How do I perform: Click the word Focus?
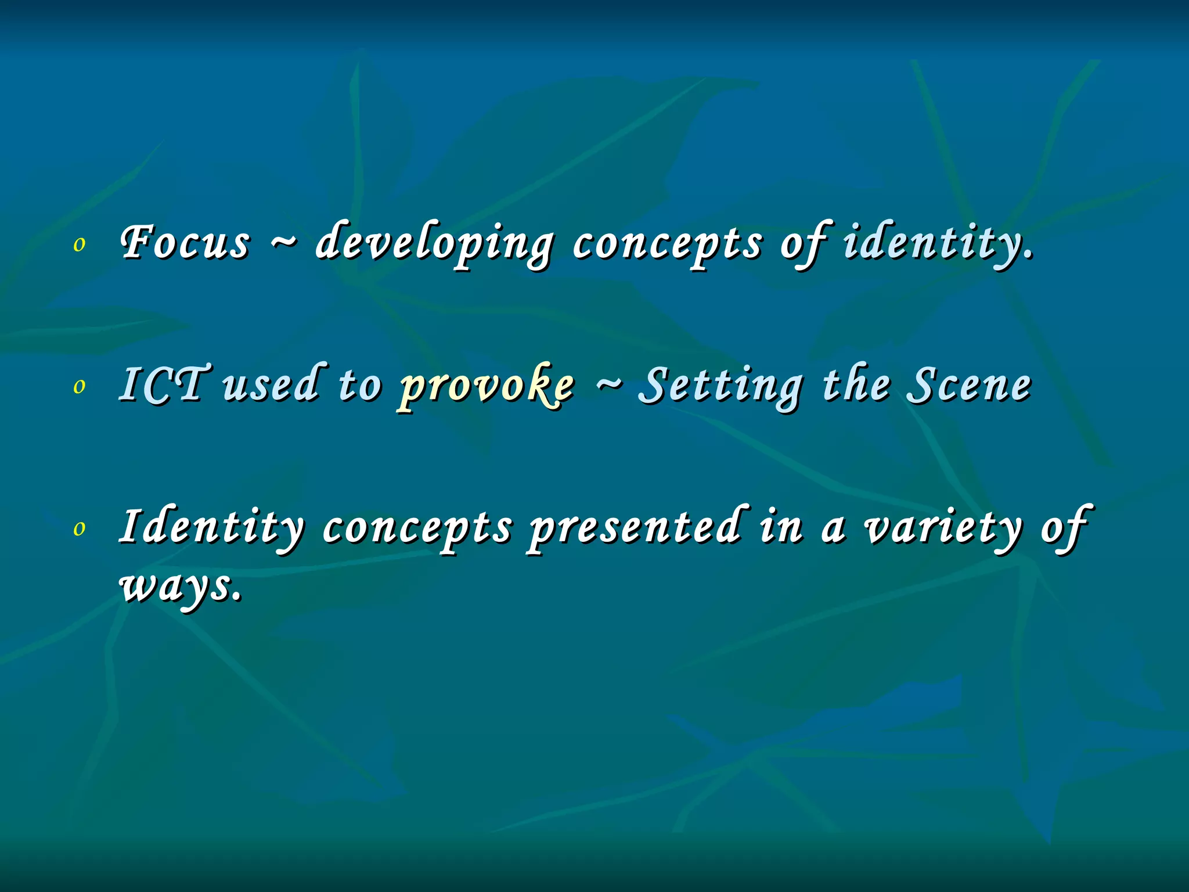click(185, 243)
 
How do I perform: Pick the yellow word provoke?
click(487, 386)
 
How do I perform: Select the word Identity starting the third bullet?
click(211, 527)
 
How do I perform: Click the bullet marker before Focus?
click(80, 244)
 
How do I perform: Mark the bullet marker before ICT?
click(80, 386)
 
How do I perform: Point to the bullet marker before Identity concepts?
click(80, 528)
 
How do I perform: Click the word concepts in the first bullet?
click(667, 244)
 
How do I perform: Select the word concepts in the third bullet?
click(417, 528)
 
